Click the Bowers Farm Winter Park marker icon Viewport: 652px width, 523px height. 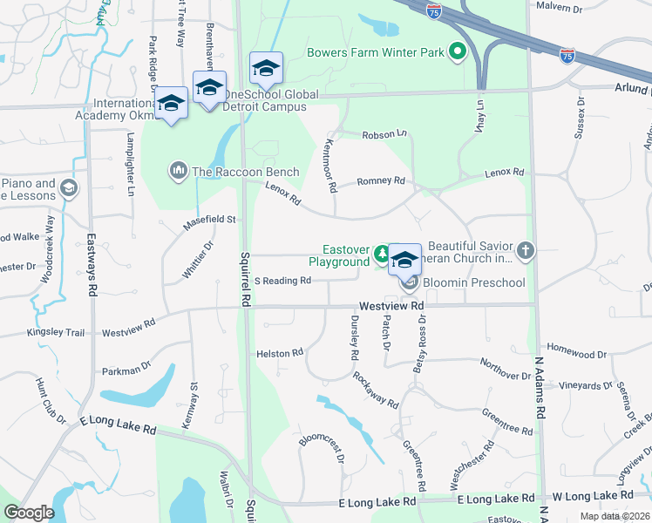coord(456,52)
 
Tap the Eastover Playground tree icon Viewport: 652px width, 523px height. coord(381,255)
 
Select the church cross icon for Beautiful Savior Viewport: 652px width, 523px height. coord(524,251)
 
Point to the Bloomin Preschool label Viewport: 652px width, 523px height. coord(473,282)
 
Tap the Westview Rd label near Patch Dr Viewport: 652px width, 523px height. coord(391,306)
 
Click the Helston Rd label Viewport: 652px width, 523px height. coord(279,353)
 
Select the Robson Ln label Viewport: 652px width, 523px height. coord(384,133)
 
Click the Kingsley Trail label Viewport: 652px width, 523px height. coord(56,332)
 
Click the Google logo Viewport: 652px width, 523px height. coord(29,513)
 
